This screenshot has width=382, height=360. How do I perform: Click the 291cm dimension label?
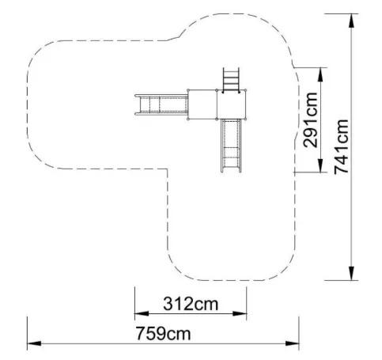point(310,120)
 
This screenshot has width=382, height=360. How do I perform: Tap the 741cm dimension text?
point(341,146)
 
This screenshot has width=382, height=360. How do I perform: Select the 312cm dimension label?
point(191,304)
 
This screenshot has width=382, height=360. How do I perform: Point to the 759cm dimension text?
point(163,333)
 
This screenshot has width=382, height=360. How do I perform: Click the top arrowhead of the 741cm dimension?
point(351,21)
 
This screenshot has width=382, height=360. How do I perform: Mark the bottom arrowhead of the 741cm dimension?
point(351,273)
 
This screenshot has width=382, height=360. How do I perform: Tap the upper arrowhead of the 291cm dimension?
point(320,74)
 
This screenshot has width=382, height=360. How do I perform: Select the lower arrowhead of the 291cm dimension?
point(320,165)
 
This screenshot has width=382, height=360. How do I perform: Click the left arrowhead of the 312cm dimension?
point(142,313)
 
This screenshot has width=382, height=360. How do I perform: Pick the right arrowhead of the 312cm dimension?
point(240,313)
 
